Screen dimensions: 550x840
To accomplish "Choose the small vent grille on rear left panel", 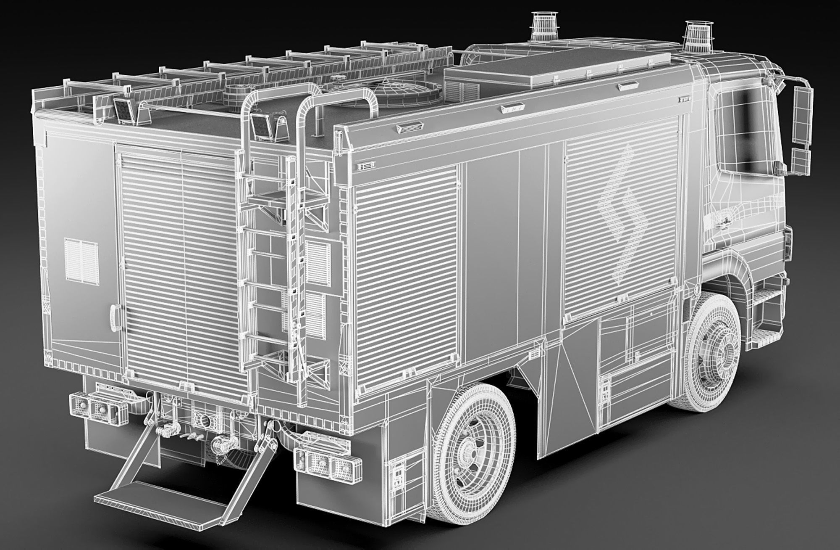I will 81,259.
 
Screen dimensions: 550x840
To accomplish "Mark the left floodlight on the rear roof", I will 123,110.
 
